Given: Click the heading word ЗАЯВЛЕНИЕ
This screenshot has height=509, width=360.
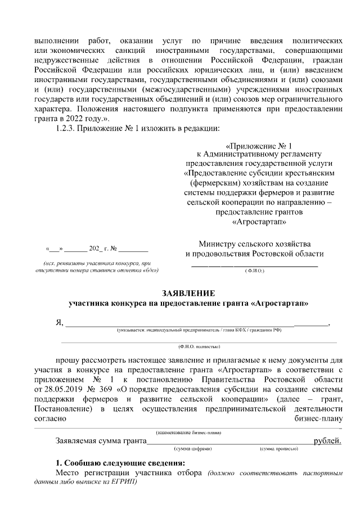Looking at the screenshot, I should [x=188, y=294].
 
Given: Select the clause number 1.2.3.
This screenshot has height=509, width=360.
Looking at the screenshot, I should [x=66, y=130].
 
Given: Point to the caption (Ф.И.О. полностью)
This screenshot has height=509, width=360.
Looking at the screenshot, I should [x=199, y=348].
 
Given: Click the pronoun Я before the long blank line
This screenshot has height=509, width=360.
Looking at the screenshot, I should [x=58, y=322].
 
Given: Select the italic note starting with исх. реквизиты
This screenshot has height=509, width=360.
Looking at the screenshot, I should [x=97, y=266].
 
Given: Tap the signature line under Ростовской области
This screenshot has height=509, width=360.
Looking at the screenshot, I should [x=254, y=264].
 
